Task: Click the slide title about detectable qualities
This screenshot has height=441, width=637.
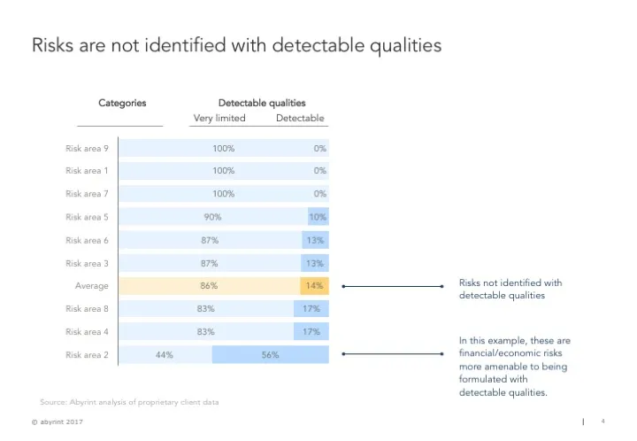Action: (236, 44)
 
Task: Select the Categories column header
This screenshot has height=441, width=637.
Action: (122, 104)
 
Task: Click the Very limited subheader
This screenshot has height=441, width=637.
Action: (219, 119)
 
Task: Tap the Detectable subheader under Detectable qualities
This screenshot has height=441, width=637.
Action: (300, 119)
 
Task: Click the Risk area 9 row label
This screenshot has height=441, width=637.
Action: (87, 148)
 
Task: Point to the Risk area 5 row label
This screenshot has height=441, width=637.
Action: (87, 217)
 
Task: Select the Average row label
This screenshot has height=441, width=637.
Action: (92, 286)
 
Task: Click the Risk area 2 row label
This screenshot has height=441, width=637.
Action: (87, 355)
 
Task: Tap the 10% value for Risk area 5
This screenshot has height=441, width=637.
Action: (318, 217)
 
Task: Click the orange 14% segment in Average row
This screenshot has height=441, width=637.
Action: (314, 286)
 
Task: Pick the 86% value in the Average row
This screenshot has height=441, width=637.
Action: (209, 286)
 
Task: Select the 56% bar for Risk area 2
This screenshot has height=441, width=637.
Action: (270, 355)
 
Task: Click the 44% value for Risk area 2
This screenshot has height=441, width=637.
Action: (164, 355)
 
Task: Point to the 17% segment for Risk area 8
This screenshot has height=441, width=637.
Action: (311, 309)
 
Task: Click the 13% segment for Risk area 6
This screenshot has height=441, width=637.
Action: (314, 240)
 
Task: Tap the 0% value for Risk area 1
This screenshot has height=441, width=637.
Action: (319, 171)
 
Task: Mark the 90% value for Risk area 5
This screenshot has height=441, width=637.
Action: (212, 217)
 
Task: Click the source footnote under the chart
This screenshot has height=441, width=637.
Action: (129, 402)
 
